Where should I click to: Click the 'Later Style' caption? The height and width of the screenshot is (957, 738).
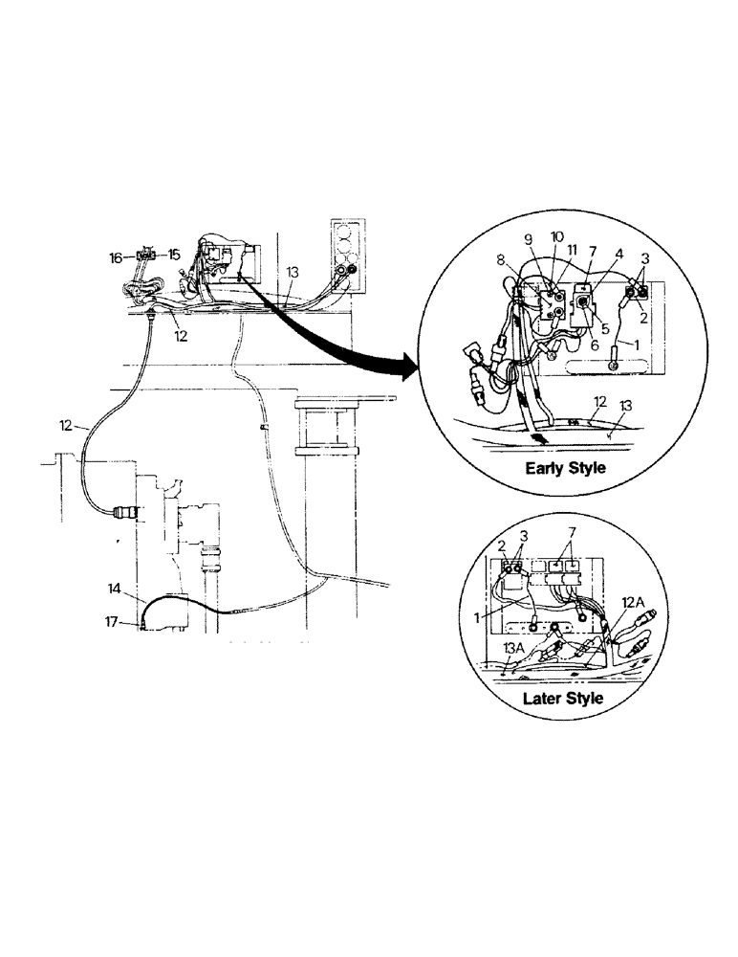[x=563, y=698]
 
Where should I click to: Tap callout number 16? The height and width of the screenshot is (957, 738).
[x=116, y=257]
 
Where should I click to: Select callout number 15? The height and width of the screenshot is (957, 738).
[x=175, y=255]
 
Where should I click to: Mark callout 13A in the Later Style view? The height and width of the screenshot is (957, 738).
[x=512, y=648]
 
